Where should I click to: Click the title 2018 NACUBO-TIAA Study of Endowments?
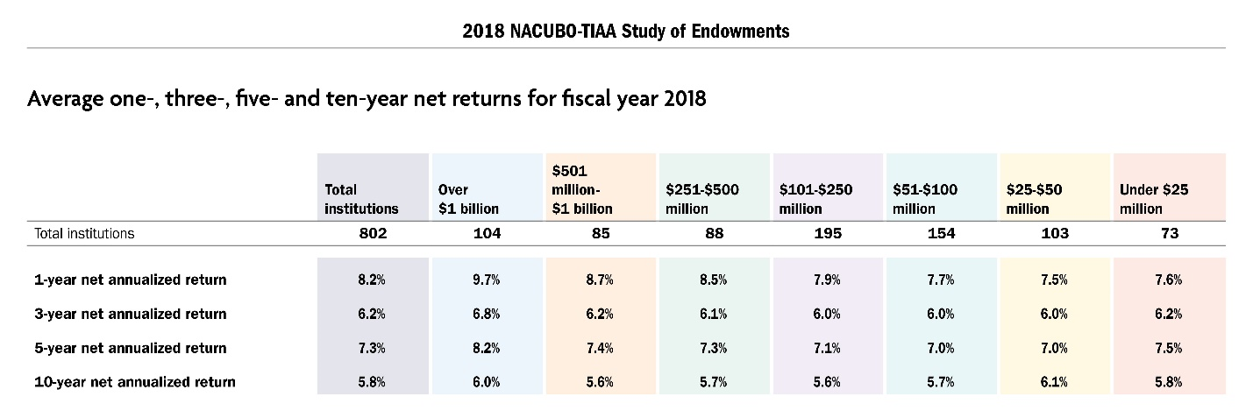626,32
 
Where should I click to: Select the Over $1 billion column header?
468,199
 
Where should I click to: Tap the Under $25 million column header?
1154,199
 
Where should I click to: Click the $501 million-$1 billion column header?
581,188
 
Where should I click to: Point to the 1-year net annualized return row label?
130,280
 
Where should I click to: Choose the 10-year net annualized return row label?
134,382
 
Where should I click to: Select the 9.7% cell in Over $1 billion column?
487,280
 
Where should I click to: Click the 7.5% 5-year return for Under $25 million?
1169,348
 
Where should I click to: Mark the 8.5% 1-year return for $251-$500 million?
714,280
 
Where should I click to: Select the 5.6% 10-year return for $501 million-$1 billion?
601,382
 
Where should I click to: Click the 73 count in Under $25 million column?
1169,234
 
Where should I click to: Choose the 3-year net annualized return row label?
130,314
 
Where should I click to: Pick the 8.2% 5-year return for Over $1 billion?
487,348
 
